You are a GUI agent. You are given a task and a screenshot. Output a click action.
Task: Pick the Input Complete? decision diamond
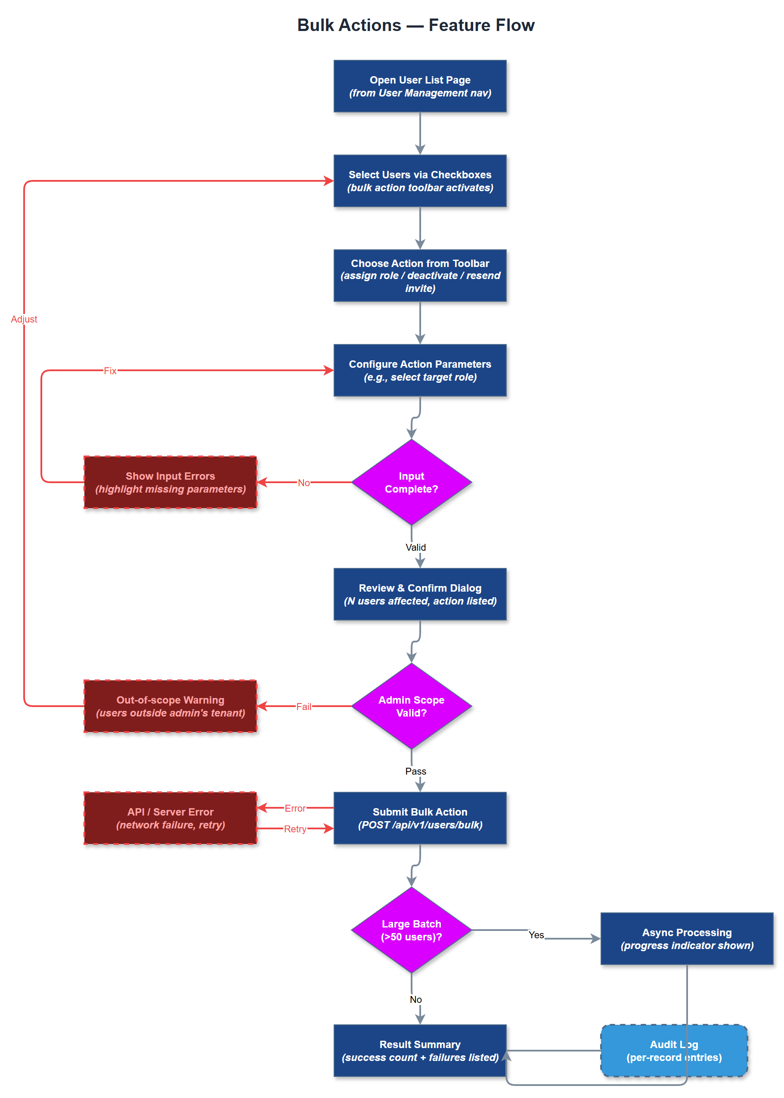click(x=411, y=482)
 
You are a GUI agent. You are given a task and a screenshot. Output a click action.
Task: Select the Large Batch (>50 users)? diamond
click(x=411, y=930)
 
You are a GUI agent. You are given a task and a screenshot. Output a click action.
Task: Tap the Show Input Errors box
click(x=170, y=482)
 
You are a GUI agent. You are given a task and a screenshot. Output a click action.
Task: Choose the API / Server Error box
click(x=170, y=818)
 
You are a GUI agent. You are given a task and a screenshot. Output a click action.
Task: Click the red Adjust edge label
click(x=24, y=319)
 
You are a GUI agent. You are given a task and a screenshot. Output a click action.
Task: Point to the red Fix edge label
click(x=110, y=371)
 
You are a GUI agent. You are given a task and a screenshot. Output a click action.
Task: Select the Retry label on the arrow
click(x=295, y=829)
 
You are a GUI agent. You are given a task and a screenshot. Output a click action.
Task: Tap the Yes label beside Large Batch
click(x=536, y=935)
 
